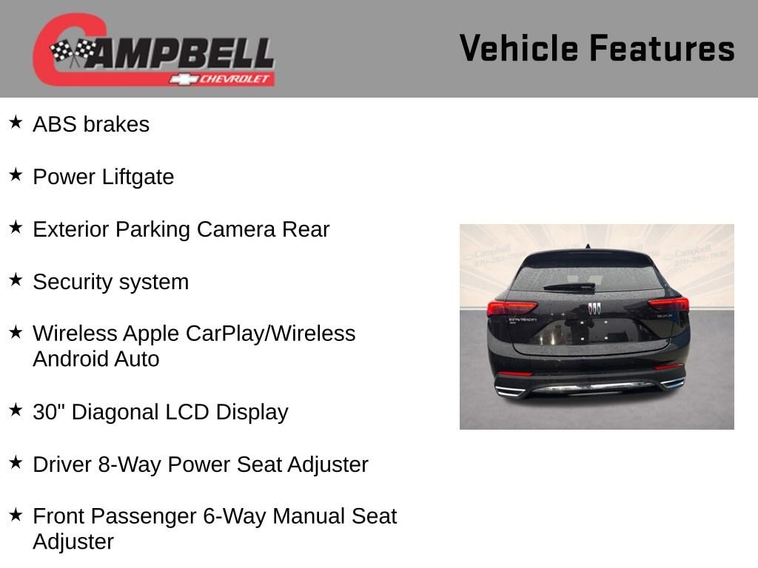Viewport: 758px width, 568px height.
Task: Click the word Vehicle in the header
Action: (519, 48)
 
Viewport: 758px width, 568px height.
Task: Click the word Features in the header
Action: (663, 48)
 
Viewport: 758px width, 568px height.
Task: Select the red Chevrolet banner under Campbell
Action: (222, 79)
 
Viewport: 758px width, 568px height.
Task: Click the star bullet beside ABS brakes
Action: (16, 122)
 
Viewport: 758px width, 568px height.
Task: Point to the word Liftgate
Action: (138, 177)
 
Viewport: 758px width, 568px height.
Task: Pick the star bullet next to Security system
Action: (16, 280)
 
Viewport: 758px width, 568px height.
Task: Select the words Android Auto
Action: (95, 359)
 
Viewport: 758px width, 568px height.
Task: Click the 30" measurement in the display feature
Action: (48, 412)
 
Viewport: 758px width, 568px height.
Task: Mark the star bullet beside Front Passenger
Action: (16, 515)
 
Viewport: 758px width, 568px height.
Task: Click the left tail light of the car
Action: (512, 308)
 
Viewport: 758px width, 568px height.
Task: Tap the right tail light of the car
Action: (668, 304)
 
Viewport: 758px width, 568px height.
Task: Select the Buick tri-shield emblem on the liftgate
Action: (594, 308)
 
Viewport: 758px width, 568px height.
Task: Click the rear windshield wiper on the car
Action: (569, 288)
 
